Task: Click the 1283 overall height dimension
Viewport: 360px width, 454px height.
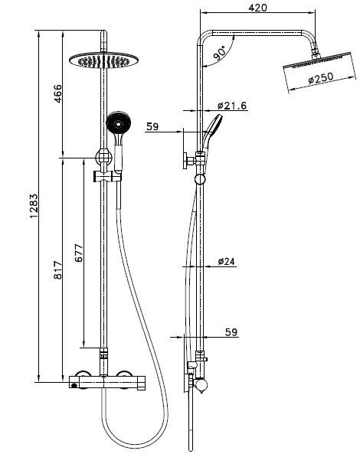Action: [34, 206]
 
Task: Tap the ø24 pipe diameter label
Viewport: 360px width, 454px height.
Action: [226, 262]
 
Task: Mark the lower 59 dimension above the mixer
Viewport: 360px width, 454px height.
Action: [229, 332]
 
